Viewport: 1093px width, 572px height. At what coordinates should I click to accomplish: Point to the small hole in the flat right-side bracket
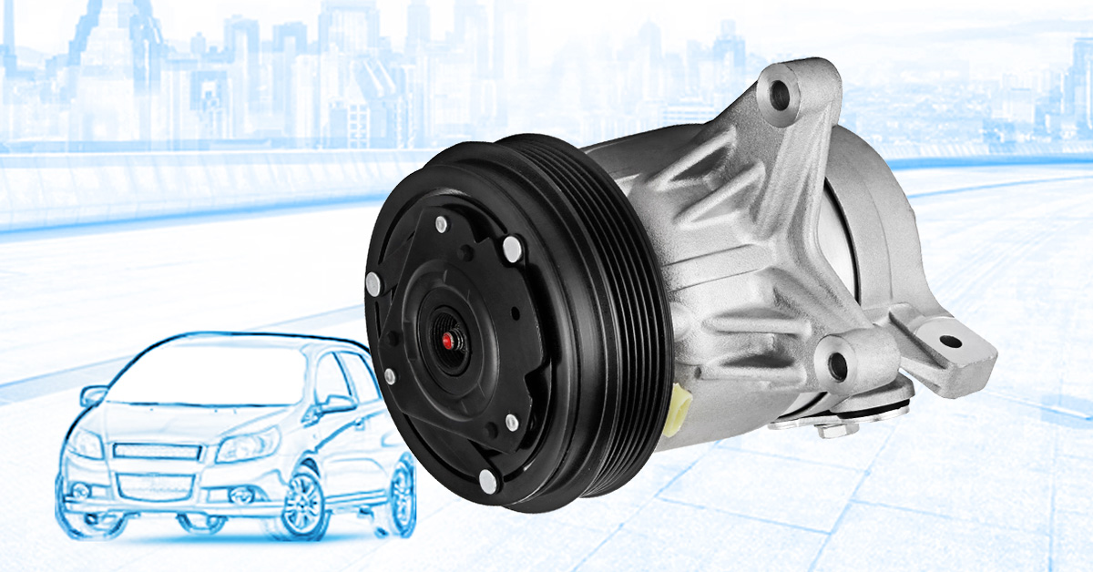949,342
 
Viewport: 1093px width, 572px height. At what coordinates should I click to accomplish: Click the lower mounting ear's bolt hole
836,363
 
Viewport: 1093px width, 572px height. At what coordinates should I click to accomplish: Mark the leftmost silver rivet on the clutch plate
373,284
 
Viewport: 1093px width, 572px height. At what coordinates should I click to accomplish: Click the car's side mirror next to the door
336,404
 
